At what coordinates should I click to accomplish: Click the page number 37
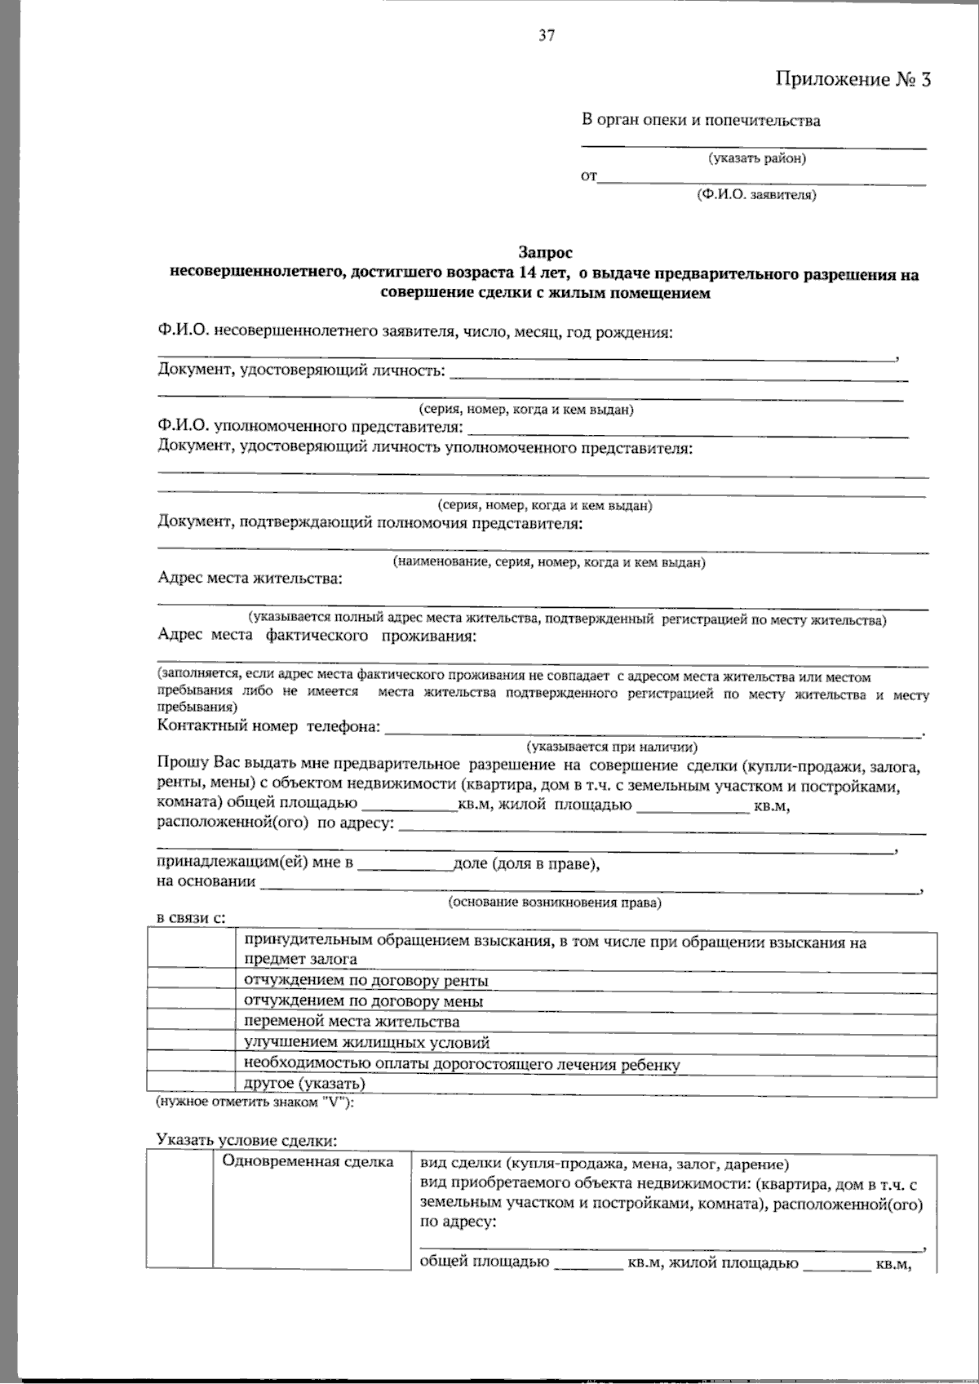pos(547,35)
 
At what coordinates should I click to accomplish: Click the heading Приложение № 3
pos(852,79)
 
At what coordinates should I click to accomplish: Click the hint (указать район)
pos(757,158)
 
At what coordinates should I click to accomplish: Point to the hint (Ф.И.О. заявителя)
pos(756,194)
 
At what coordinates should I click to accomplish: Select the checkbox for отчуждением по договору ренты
pos(193,980)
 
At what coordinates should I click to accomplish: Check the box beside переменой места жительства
pos(193,1021)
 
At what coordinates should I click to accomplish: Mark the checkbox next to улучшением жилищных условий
pos(193,1042)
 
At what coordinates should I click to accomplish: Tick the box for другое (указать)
pos(193,1084)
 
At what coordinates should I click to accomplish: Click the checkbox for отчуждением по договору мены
pos(193,1000)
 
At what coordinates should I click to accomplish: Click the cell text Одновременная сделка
pos(308,1162)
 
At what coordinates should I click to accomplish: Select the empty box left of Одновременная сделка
pos(179,1209)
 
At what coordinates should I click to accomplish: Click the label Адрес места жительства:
pos(250,579)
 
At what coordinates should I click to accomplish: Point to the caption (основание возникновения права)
pos(555,903)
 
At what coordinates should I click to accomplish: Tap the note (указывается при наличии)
pos(612,746)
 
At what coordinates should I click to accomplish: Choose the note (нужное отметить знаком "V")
pos(255,1102)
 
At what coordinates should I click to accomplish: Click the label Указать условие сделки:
pos(246,1140)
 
